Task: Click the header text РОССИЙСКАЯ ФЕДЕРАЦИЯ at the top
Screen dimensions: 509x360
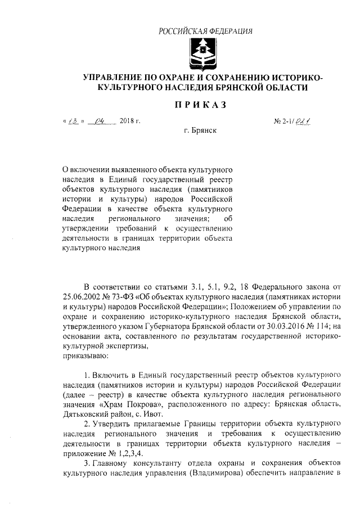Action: (205, 30)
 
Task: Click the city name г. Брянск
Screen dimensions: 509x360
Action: (200, 130)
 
